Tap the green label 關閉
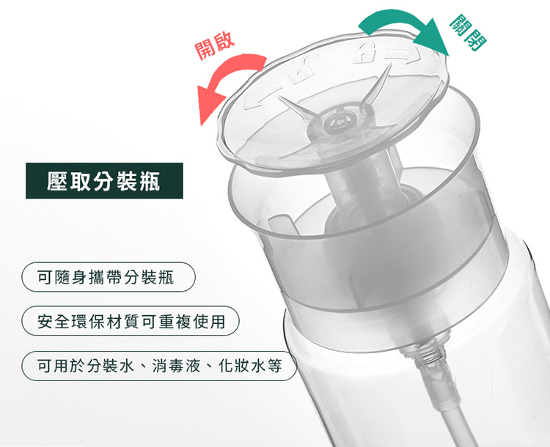click(x=468, y=32)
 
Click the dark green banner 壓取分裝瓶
click(x=104, y=180)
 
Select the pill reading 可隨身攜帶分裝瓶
click(x=108, y=277)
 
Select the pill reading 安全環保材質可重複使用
click(x=130, y=321)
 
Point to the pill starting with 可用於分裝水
click(x=159, y=366)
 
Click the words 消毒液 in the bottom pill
click(x=176, y=366)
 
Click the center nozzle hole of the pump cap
click(x=339, y=121)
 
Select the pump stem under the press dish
click(x=354, y=182)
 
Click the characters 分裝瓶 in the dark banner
click(x=127, y=181)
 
